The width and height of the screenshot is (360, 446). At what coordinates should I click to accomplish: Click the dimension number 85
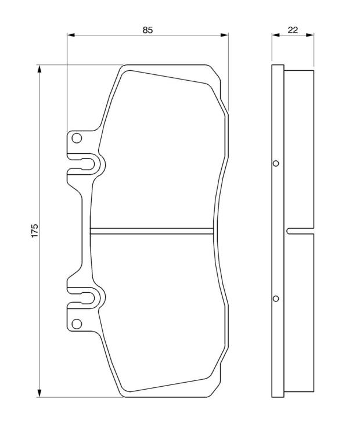coord(147,30)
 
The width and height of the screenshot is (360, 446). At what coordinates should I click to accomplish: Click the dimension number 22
coord(293,30)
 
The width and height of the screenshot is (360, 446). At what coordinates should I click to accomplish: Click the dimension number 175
coord(34,231)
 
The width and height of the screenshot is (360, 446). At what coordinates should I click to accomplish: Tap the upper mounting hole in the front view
coord(77,138)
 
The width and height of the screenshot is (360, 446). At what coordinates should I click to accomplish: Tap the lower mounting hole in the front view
coord(77,323)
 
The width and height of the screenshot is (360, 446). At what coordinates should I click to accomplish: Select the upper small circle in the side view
coord(276,164)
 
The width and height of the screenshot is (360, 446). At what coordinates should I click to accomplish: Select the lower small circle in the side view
coord(276,298)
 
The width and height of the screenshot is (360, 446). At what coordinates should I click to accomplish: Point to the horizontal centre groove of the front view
coord(152,231)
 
